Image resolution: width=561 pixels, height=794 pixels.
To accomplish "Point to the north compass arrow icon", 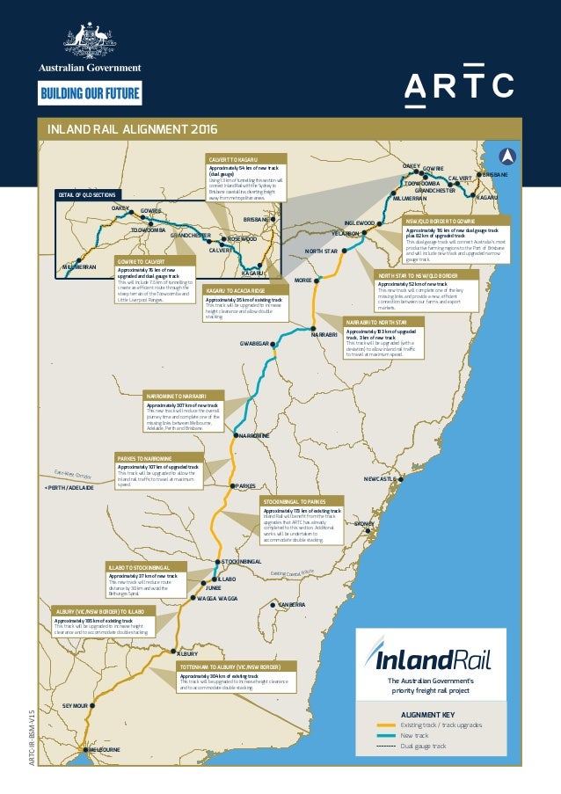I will [507, 156].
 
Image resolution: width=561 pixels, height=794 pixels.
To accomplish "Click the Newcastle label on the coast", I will [380, 478].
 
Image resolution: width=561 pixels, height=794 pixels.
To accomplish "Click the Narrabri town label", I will [324, 335].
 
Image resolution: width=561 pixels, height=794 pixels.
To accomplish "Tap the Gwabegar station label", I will [254, 344].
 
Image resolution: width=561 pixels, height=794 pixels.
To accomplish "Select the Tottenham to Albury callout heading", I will [229, 667].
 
